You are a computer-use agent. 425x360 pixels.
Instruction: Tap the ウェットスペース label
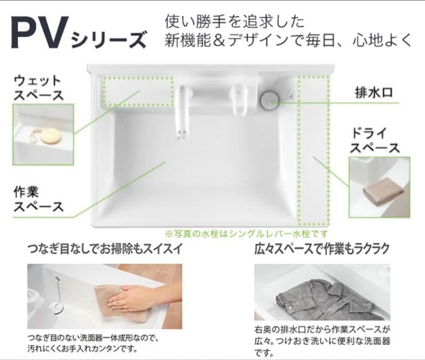point(39,87)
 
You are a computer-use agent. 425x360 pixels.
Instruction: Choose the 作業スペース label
point(39,199)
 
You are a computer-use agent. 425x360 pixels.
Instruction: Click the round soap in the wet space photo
point(48,136)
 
